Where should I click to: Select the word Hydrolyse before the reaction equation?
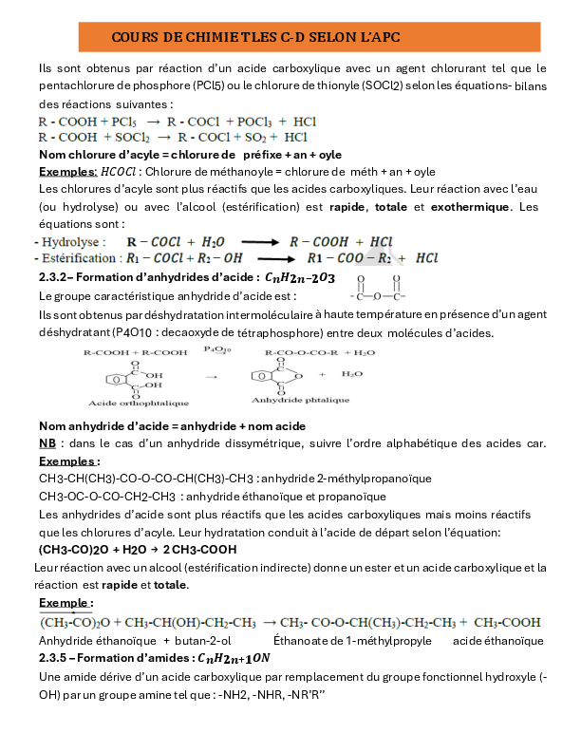[69, 242]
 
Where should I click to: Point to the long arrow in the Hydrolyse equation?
[241, 242]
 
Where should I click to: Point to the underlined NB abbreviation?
[47, 443]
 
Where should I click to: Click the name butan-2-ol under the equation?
[197, 640]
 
